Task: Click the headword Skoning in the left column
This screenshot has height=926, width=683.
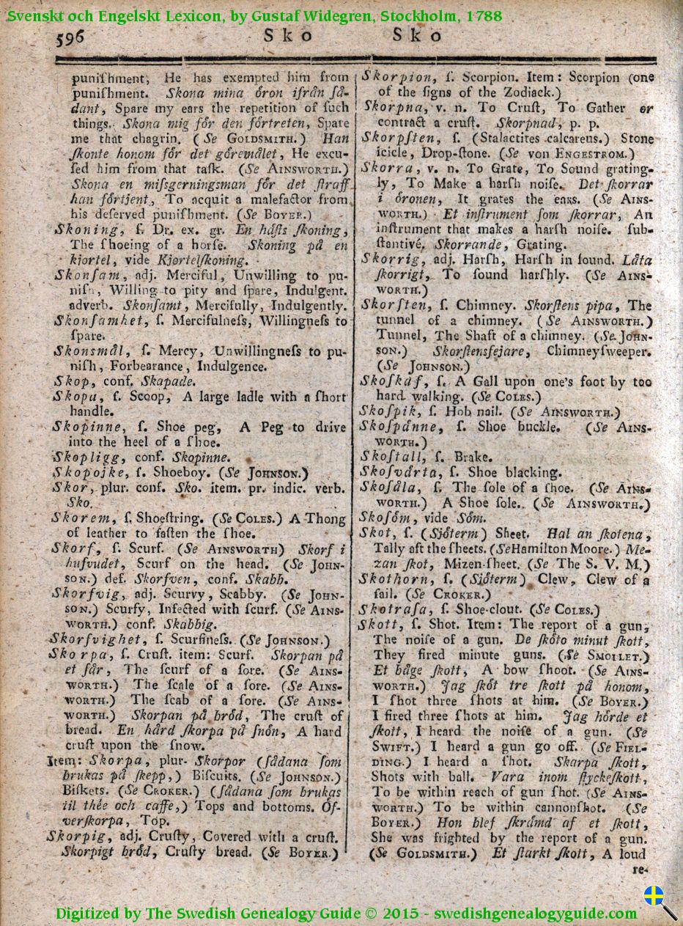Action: [83, 229]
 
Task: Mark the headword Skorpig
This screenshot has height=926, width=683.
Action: [77, 837]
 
